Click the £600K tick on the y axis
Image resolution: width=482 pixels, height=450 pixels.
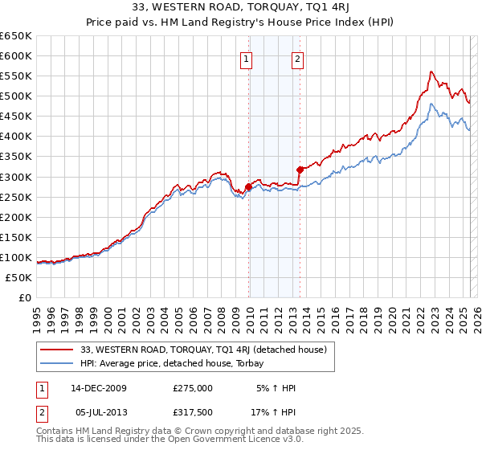click(x=16, y=55)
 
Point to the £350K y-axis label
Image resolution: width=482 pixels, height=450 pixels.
click(x=16, y=157)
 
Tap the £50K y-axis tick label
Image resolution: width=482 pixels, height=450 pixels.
click(x=19, y=277)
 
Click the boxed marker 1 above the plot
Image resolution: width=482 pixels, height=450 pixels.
click(x=245, y=58)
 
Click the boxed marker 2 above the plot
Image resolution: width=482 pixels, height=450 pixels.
click(x=297, y=58)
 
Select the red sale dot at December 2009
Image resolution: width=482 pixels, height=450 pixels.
click(x=248, y=186)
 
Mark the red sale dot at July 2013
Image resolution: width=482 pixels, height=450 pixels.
click(x=300, y=170)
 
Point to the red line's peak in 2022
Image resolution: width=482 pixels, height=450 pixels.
click(x=431, y=72)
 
